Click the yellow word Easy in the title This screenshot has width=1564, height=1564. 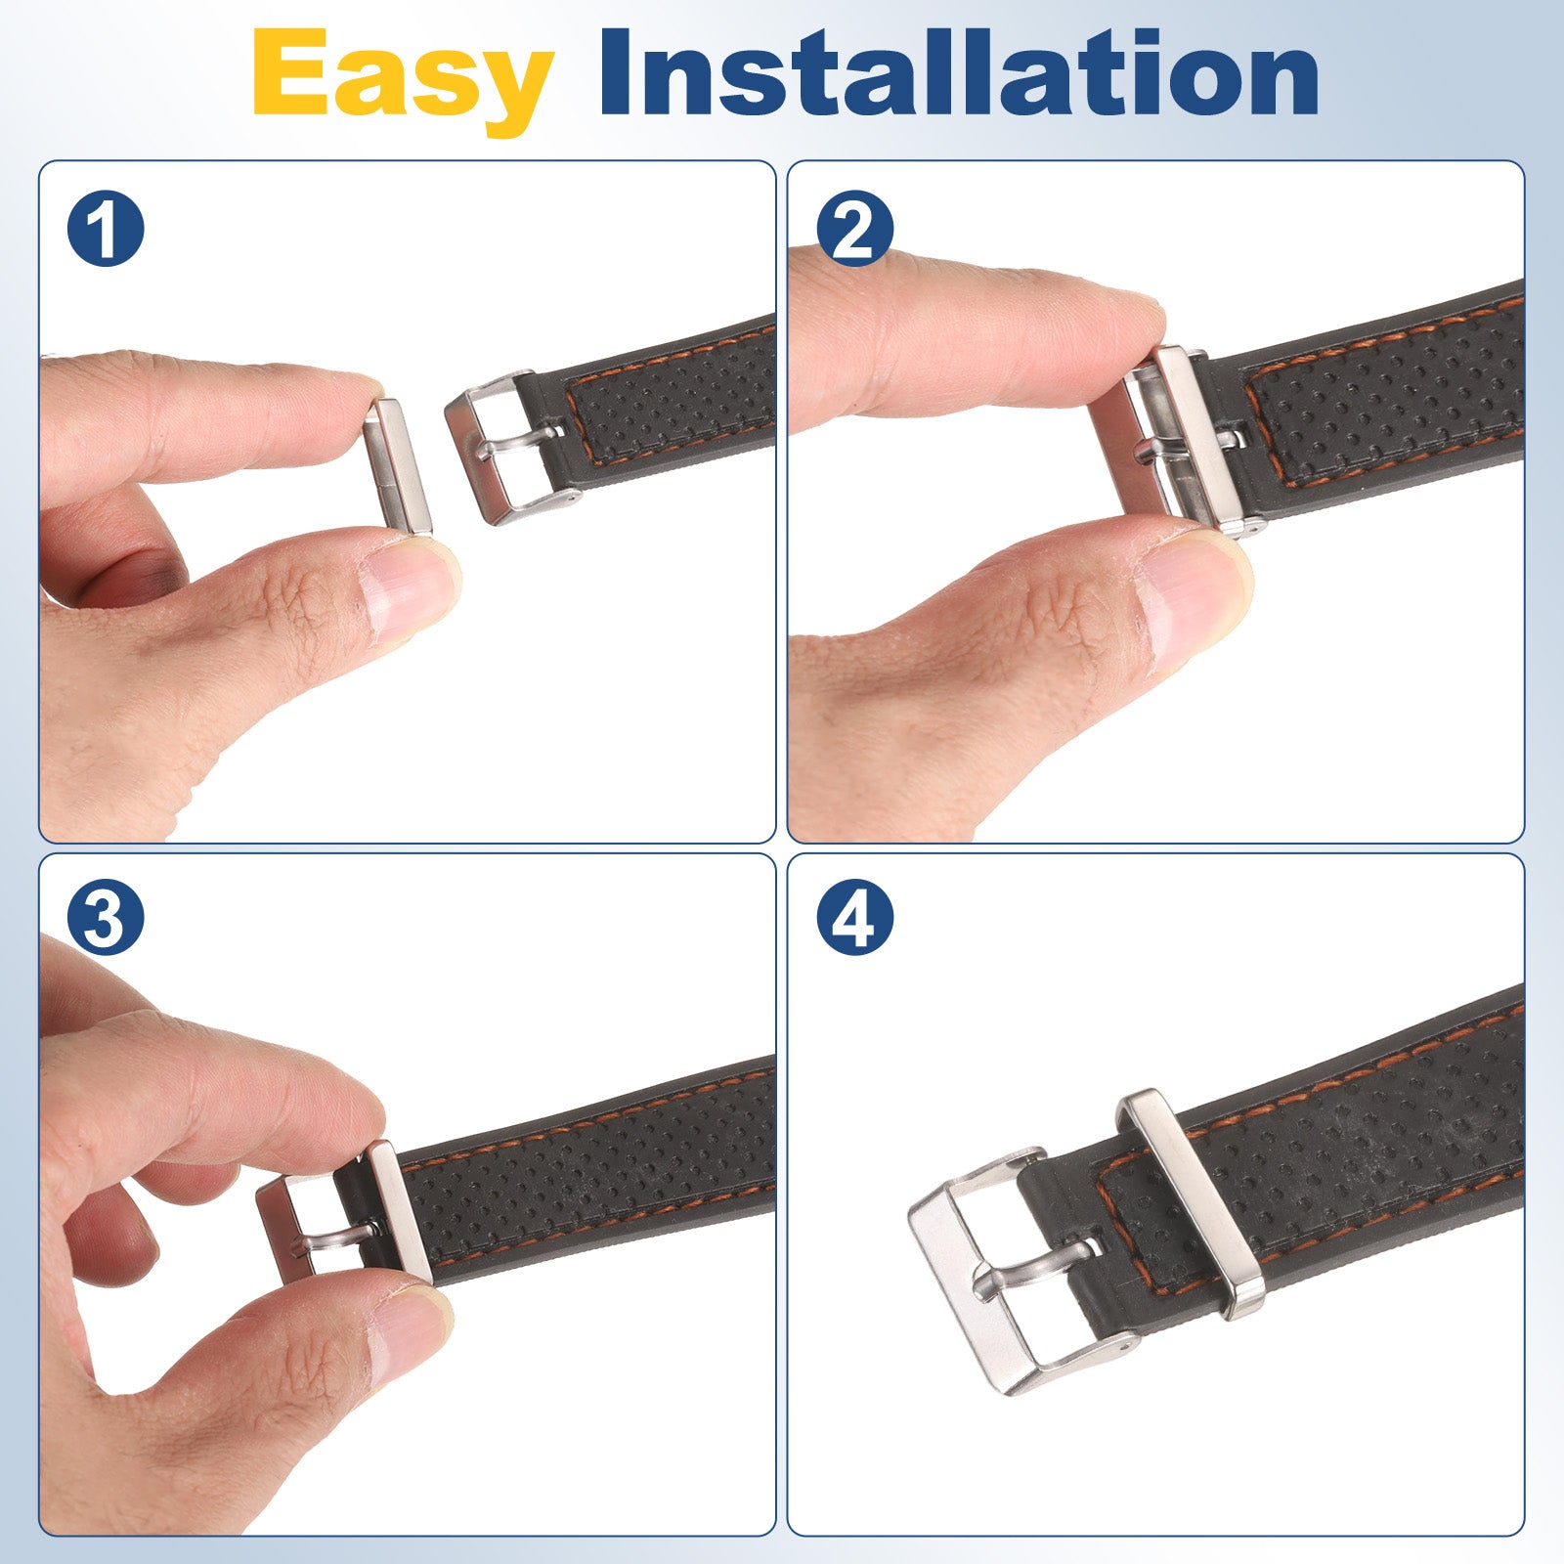point(403,78)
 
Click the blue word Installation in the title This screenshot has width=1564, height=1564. point(959,72)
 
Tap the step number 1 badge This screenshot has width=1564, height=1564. point(106,230)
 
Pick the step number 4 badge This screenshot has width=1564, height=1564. point(855,918)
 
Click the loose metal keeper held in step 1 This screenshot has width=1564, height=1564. point(398,465)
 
